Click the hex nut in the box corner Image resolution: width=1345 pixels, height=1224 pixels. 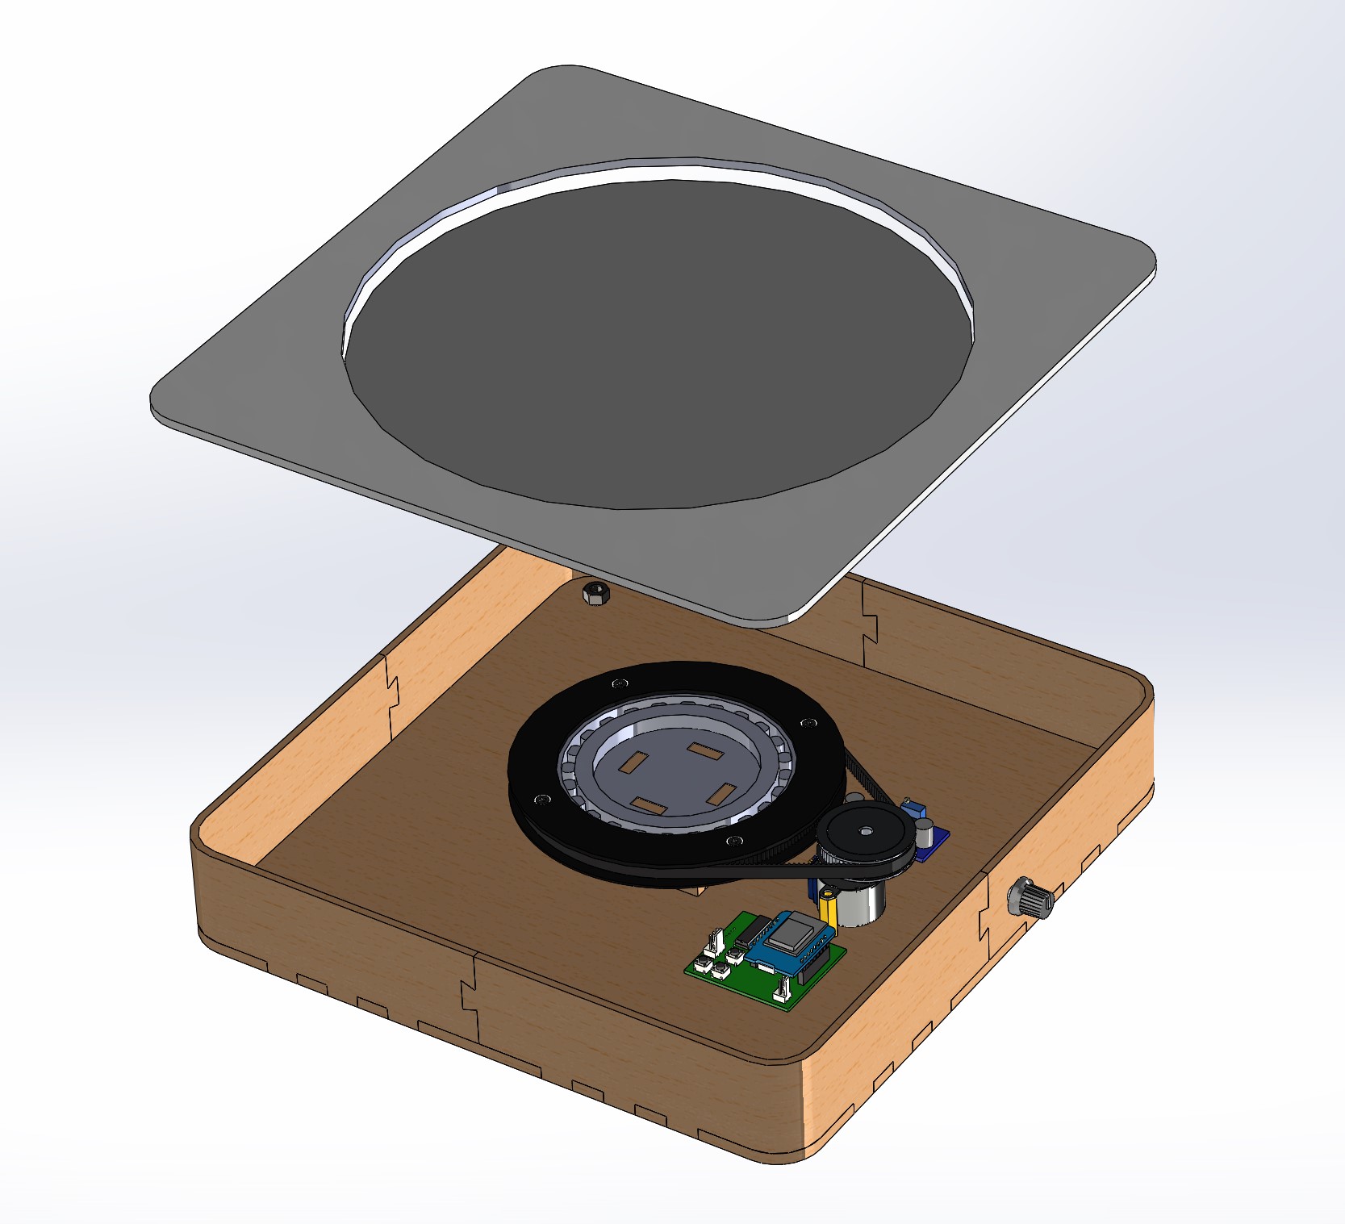click(596, 594)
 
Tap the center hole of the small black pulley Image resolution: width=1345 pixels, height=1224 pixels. click(866, 830)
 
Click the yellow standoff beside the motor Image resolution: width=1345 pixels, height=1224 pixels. click(828, 908)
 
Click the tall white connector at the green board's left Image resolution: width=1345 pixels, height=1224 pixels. click(715, 941)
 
